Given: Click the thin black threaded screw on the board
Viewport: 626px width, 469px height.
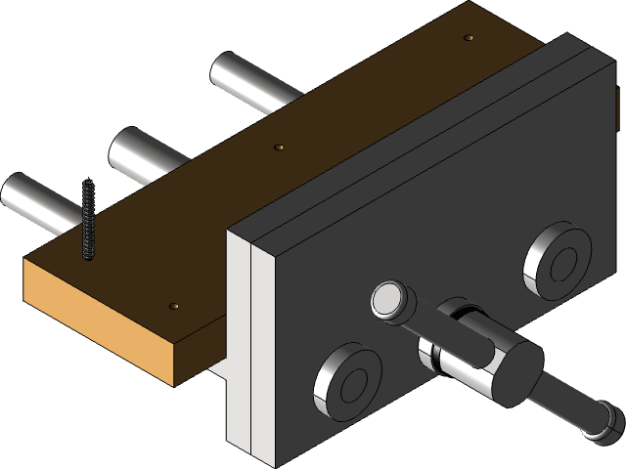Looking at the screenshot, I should click(88, 220).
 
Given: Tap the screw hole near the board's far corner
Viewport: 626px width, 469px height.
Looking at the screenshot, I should click(469, 38).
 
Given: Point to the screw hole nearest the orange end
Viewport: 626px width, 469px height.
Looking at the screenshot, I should click(175, 306).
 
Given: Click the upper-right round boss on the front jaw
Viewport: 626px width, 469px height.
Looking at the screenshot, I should click(558, 263).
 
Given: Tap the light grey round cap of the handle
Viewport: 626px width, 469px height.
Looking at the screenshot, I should click(388, 300).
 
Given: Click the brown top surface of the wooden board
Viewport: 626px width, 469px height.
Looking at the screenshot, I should click(293, 195).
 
